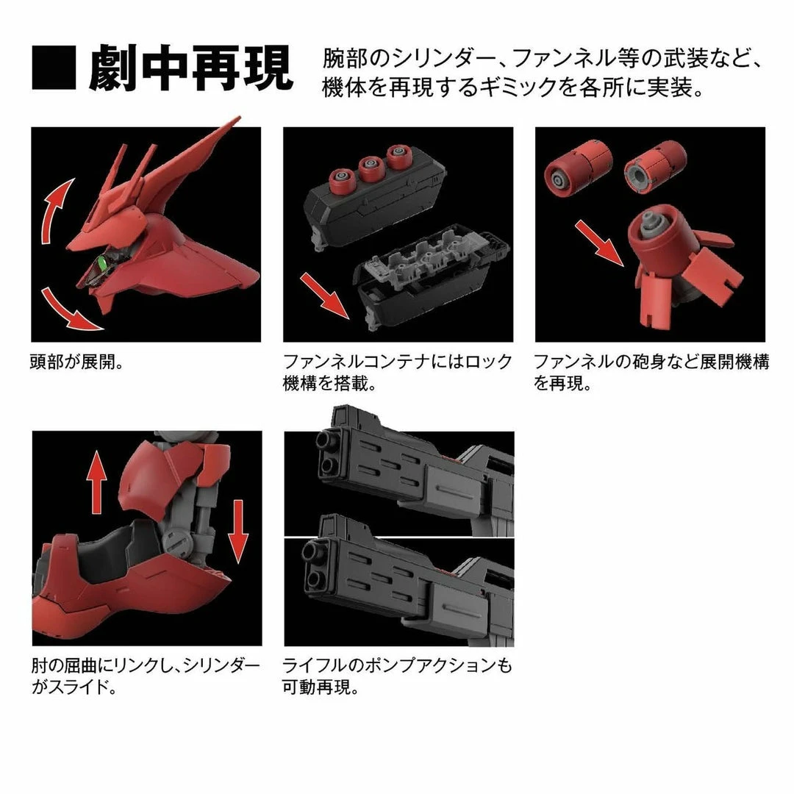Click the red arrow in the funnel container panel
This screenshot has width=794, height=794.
(x=324, y=292)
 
